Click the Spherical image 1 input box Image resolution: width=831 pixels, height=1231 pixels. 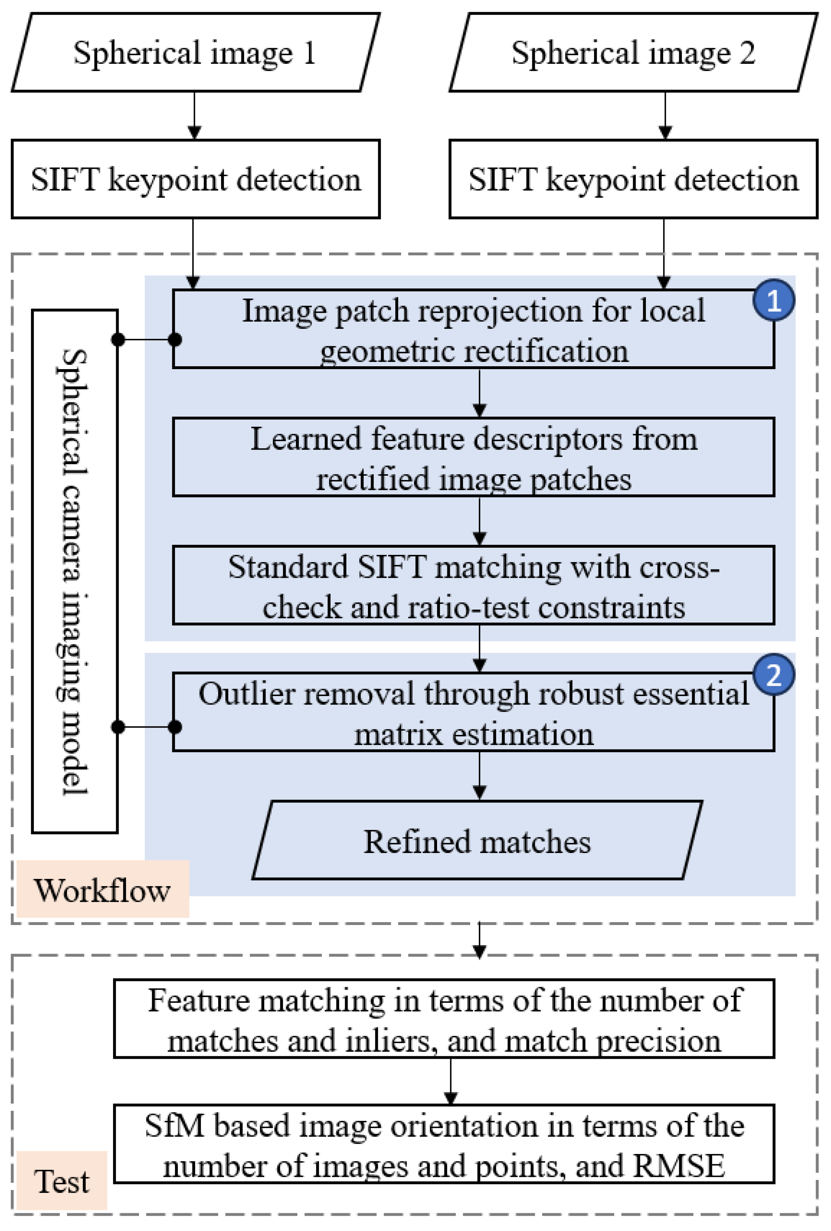click(195, 53)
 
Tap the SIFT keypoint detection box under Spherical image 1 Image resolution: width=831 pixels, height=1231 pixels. click(195, 179)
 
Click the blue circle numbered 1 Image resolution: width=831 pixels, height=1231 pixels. click(773, 300)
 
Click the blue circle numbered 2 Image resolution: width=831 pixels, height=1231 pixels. click(773, 674)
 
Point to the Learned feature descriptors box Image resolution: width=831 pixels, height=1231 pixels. click(473, 458)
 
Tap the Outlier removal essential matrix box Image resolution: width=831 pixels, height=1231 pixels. click(473, 713)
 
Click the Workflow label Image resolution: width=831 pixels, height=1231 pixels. click(102, 890)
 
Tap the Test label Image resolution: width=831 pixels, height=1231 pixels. click(61, 1181)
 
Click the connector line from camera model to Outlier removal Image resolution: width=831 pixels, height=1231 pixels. click(146, 727)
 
